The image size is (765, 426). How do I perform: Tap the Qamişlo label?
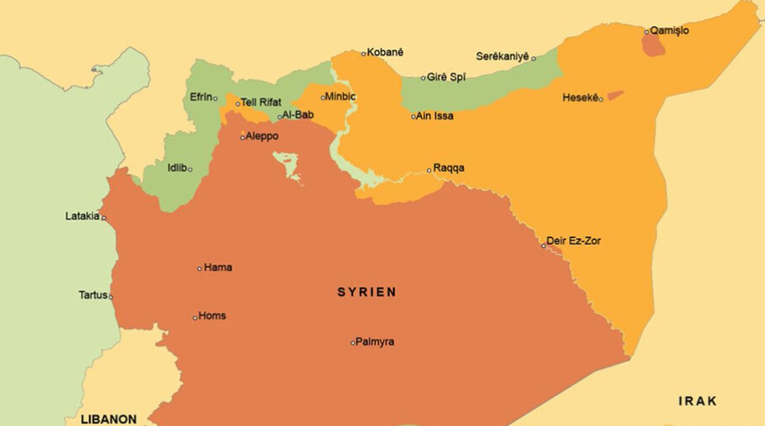[x=669, y=31]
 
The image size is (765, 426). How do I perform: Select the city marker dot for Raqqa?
[x=429, y=170]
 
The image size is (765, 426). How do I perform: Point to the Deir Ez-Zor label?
[x=574, y=241]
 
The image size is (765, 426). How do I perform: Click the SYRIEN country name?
[x=367, y=293]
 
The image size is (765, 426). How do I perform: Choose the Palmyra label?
[x=375, y=342]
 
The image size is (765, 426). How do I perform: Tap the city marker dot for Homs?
[x=195, y=318]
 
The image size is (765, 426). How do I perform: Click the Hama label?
[x=218, y=268]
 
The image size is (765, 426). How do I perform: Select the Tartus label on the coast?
[x=92, y=295]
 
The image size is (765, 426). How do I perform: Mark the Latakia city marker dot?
[x=104, y=217]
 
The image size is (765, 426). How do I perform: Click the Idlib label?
[x=177, y=168]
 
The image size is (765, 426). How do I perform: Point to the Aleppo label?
[x=262, y=136]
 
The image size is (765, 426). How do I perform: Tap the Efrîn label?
[x=201, y=98]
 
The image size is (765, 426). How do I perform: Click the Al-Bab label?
[x=298, y=115]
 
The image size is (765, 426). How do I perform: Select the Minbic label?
[x=340, y=97]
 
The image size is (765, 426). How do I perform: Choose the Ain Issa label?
[x=435, y=116]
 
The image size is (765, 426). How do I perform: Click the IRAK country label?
[x=697, y=401]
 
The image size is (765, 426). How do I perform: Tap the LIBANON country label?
[x=108, y=419]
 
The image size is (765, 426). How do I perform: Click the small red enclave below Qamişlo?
[x=653, y=45]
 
